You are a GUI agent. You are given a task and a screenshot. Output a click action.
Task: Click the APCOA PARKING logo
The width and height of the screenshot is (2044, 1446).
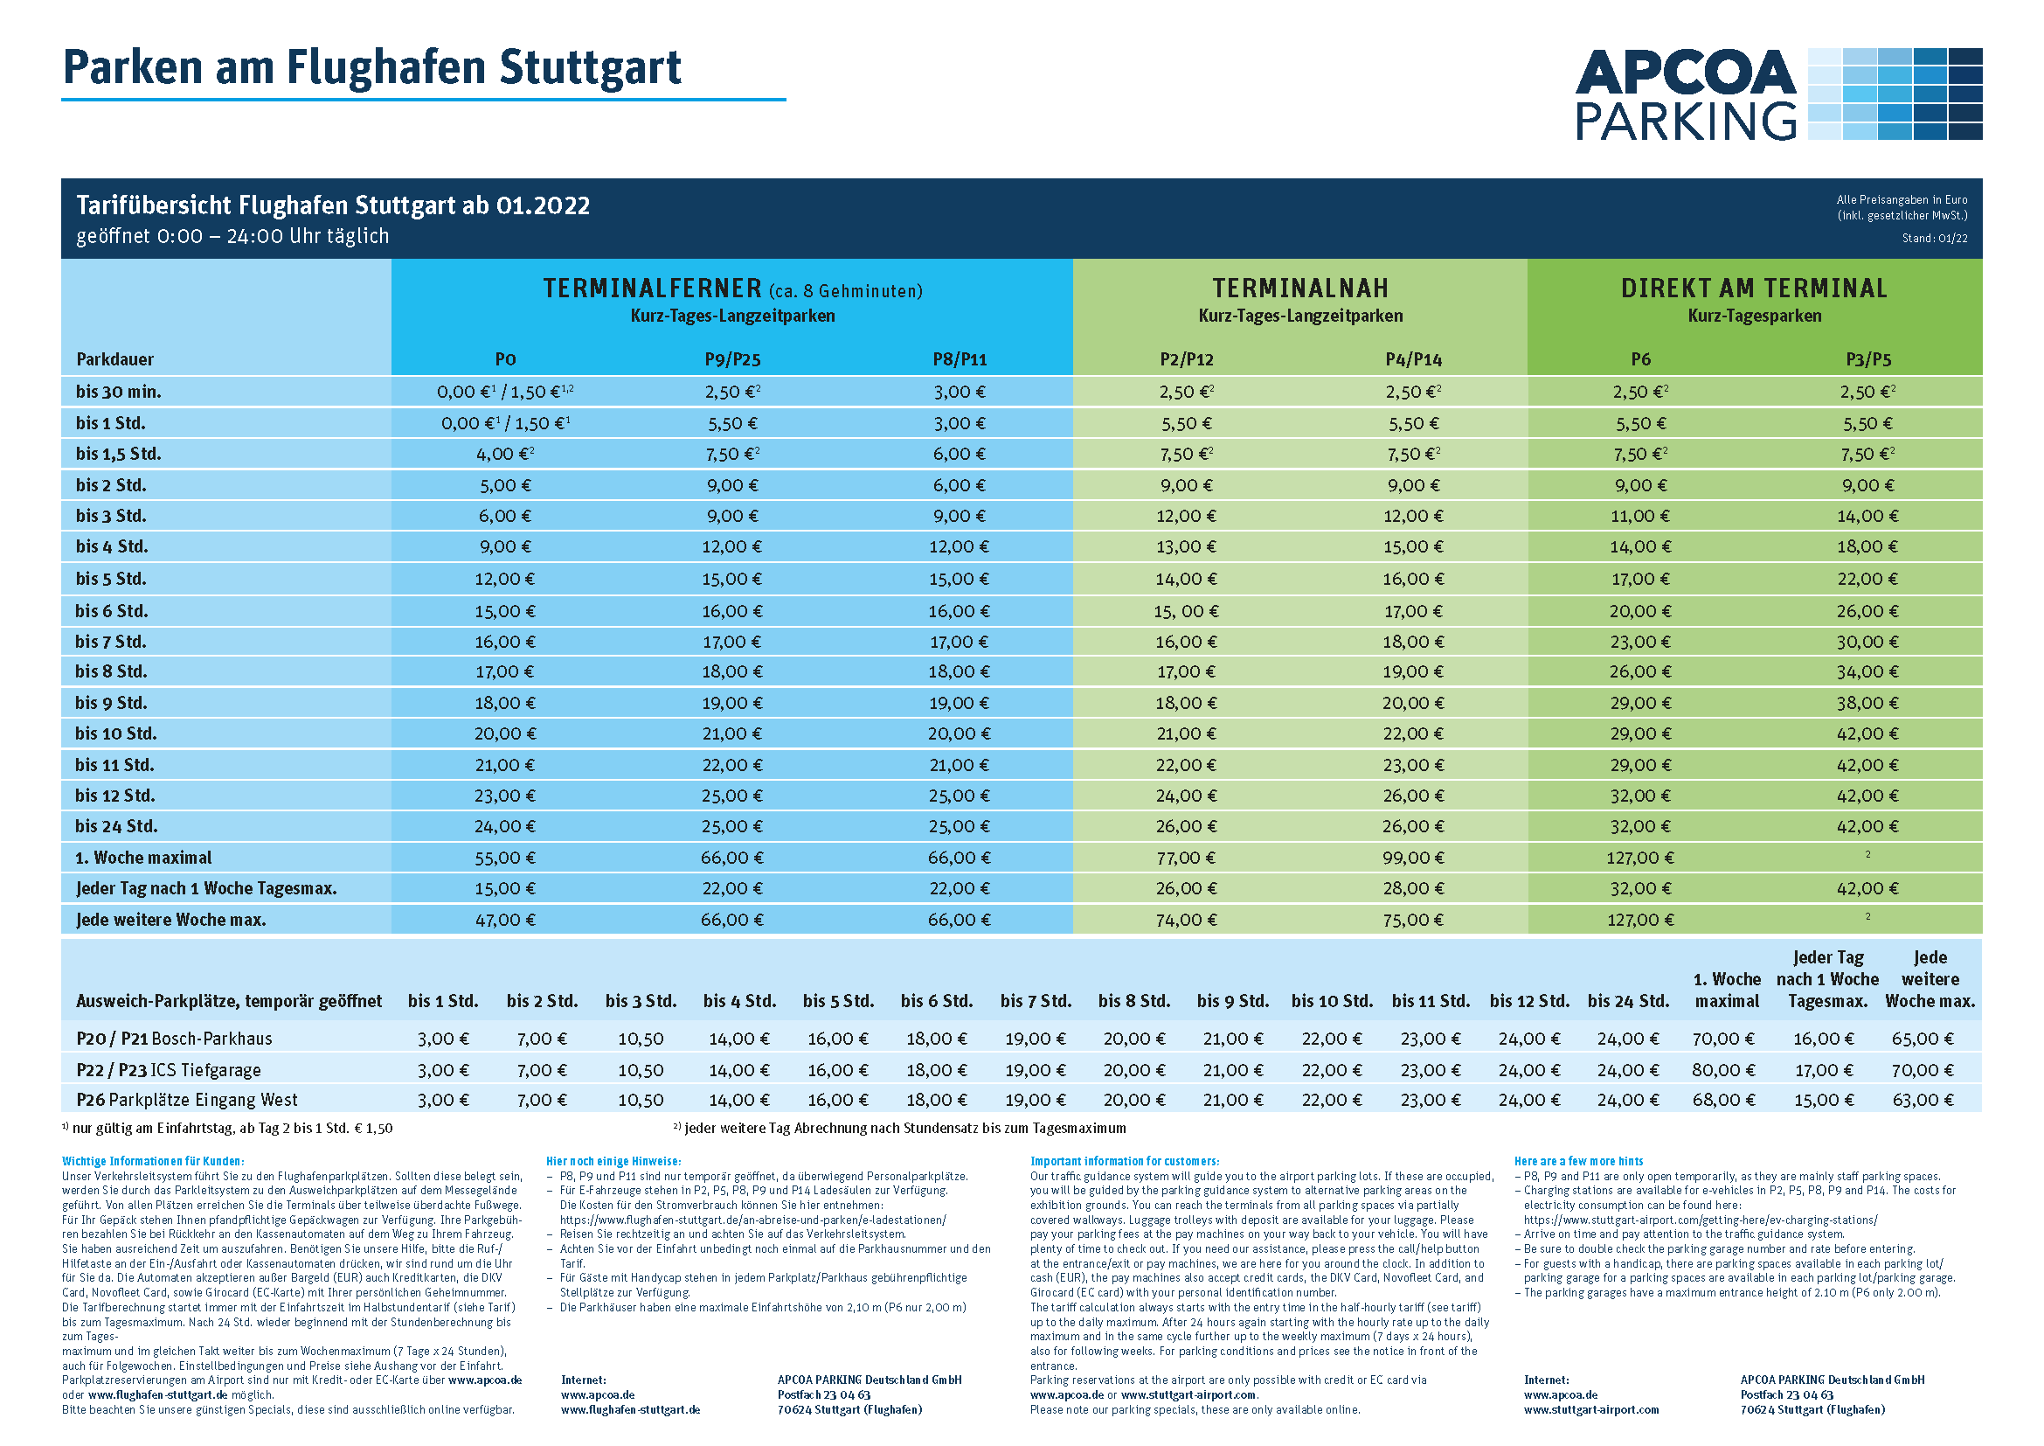pyautogui.click(x=1777, y=94)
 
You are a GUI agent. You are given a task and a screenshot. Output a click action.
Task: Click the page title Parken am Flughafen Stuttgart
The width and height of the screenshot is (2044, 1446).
pyautogui.click(x=372, y=67)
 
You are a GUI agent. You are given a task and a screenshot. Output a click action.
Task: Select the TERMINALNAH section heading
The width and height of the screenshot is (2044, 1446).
pyautogui.click(x=1299, y=289)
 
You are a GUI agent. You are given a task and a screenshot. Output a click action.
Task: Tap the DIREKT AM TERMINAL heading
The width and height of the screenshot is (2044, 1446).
pyautogui.click(x=1754, y=289)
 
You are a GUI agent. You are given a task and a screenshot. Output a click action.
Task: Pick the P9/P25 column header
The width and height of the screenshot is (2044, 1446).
pyautogui.click(x=732, y=358)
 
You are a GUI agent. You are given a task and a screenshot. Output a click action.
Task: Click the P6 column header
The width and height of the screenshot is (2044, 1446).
pyautogui.click(x=1641, y=358)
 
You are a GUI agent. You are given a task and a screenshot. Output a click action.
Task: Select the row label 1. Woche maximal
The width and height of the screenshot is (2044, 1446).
pyautogui.click(x=143, y=858)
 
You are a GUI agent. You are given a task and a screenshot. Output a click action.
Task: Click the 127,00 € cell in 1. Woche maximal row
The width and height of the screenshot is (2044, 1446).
pyautogui.click(x=1641, y=858)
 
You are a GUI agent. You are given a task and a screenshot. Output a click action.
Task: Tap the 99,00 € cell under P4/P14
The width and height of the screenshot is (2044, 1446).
pyautogui.click(x=1414, y=858)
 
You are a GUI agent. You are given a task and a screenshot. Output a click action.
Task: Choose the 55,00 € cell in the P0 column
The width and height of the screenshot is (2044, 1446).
pyautogui.click(x=505, y=858)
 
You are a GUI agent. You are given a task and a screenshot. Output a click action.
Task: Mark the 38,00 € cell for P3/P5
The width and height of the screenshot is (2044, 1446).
pyautogui.click(x=1867, y=703)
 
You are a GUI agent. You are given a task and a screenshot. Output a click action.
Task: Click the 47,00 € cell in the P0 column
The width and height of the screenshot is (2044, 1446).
pyautogui.click(x=505, y=920)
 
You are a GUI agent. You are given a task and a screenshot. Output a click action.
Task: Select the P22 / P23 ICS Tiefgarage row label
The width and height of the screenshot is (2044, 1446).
pyautogui.click(x=169, y=1069)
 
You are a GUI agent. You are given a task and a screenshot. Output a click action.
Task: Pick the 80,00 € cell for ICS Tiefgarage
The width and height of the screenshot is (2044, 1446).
pyautogui.click(x=1723, y=1069)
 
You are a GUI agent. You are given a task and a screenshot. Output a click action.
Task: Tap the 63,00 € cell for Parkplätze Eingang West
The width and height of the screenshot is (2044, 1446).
pyautogui.click(x=1923, y=1100)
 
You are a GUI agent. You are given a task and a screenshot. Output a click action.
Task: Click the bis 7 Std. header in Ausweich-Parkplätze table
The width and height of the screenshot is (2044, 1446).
pyautogui.click(x=1036, y=1001)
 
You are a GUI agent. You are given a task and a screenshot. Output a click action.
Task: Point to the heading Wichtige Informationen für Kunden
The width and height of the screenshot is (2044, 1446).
pyautogui.click(x=153, y=1161)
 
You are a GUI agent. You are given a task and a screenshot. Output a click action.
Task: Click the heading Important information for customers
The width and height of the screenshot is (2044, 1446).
pyautogui.click(x=1125, y=1161)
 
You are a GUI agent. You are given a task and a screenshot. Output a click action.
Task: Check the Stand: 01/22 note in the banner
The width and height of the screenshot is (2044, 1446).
pyautogui.click(x=1935, y=238)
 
